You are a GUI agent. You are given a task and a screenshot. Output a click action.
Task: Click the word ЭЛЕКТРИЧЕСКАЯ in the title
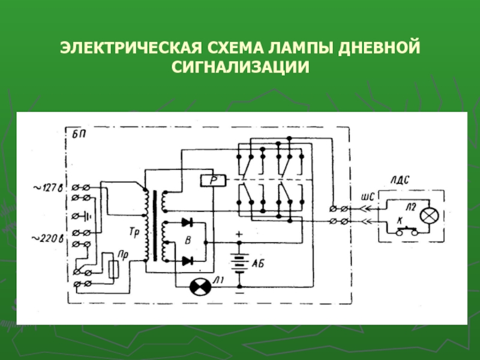pyautogui.click(x=131, y=48)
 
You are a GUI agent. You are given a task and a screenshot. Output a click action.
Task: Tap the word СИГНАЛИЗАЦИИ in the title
pyautogui.click(x=241, y=67)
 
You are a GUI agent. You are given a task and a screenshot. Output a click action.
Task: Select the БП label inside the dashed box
pyautogui.click(x=79, y=134)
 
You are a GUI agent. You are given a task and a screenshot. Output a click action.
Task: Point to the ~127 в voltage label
pyautogui.click(x=48, y=187)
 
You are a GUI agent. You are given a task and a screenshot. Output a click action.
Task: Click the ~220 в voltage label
pyautogui.click(x=48, y=238)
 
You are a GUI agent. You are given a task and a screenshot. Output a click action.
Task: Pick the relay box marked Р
pyautogui.click(x=214, y=181)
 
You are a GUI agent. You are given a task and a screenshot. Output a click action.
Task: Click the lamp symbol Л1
pyautogui.click(x=200, y=287)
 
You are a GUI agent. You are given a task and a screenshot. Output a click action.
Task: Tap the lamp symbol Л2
pyautogui.click(x=429, y=215)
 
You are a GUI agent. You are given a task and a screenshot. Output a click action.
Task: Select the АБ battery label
pyautogui.click(x=257, y=263)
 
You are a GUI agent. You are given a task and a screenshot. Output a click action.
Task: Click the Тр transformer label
pyautogui.click(x=134, y=232)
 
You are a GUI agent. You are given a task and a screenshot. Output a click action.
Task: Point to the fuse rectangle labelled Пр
pyautogui.click(x=114, y=269)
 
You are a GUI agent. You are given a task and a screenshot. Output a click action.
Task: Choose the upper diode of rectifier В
pyautogui.click(x=187, y=223)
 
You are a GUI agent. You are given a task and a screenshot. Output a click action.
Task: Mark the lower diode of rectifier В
pyautogui.click(x=187, y=261)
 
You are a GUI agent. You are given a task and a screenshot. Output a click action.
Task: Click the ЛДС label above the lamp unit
pyautogui.click(x=400, y=180)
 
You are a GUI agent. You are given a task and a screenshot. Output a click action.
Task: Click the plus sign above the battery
pyautogui.click(x=239, y=235)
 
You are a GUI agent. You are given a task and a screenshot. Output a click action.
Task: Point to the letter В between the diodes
pyautogui.click(x=188, y=241)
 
